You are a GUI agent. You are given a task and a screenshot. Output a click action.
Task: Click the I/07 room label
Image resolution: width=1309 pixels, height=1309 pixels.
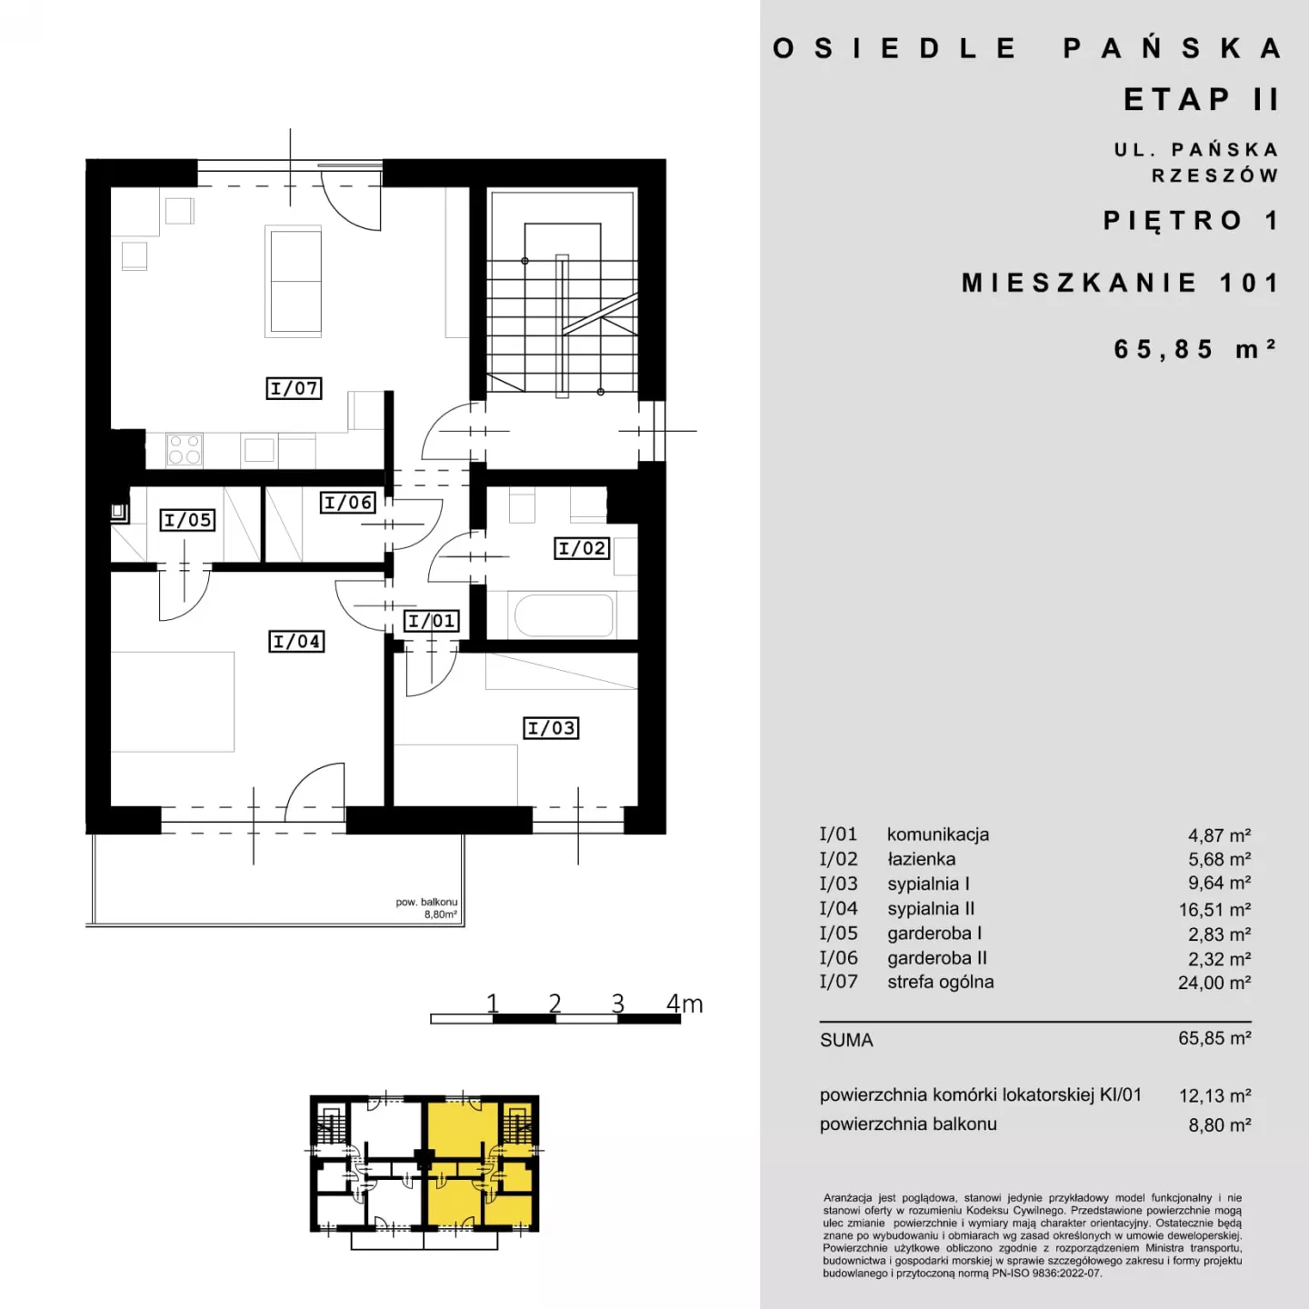[x=294, y=388]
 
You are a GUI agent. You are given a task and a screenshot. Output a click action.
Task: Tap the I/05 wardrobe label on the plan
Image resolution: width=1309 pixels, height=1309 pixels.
[x=187, y=520]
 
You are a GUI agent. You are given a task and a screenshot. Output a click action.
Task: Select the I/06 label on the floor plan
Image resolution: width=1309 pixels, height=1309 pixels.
[x=348, y=503]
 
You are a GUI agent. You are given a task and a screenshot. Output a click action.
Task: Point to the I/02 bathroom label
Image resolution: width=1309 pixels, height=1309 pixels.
[x=582, y=548]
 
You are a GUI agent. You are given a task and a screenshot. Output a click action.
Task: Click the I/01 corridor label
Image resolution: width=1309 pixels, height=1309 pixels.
[x=432, y=621]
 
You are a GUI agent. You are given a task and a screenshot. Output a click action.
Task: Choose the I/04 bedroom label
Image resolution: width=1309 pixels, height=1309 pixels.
[x=296, y=641]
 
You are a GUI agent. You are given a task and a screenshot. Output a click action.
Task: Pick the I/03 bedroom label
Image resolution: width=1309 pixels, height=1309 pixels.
[x=551, y=728]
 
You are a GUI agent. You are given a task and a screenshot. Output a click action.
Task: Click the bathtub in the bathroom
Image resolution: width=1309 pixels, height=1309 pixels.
[x=564, y=615]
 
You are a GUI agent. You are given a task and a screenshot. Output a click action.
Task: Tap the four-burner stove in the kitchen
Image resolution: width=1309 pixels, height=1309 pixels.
[x=185, y=450]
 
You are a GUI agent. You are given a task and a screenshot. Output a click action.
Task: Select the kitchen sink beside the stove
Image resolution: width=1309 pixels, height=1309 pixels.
[x=259, y=450]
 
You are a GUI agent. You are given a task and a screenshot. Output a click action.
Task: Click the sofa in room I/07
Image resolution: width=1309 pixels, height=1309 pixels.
[x=294, y=281]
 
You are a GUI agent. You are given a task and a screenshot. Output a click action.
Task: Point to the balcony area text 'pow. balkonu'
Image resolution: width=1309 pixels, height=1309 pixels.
[x=426, y=902]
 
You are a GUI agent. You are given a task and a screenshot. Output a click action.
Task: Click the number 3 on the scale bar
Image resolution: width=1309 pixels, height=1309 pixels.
[x=617, y=1003]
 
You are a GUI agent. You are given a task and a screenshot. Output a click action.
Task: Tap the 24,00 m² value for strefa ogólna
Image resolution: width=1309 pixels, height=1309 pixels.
[x=1214, y=983]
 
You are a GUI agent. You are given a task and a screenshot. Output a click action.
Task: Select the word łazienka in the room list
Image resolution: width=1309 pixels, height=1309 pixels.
[x=921, y=859]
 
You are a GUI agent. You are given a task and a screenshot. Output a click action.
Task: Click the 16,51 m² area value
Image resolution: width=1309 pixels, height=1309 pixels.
[x=1214, y=909]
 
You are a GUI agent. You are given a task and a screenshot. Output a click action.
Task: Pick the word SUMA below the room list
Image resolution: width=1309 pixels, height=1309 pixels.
[x=846, y=1040]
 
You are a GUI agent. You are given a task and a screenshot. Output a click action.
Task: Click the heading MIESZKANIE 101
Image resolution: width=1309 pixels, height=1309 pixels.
[x=1120, y=283]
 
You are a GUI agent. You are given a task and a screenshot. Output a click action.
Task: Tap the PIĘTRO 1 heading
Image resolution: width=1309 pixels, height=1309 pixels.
[x=1191, y=220]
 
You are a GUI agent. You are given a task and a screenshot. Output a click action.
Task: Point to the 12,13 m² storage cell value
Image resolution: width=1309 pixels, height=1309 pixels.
[x=1214, y=1095]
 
